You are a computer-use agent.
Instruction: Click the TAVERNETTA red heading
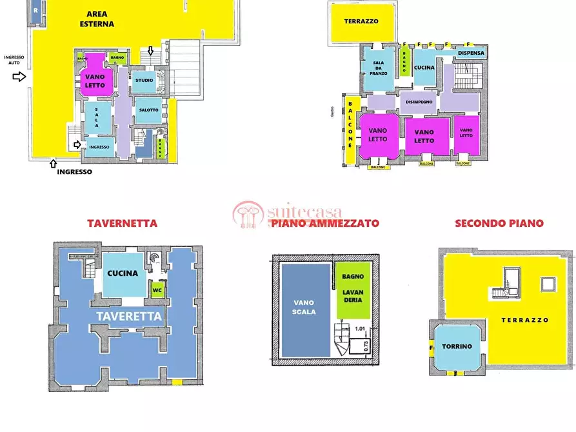tap(122, 224)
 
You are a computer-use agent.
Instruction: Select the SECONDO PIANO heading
tap(499, 224)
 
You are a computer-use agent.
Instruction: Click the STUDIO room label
tap(144, 81)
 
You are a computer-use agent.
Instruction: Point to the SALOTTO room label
tap(148, 110)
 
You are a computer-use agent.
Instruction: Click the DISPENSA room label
tap(471, 53)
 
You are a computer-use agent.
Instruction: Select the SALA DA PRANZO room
tap(379, 68)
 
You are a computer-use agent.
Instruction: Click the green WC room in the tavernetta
tap(156, 290)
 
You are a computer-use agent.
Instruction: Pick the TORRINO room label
tap(456, 346)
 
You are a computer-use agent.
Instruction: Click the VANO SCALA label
tap(304, 307)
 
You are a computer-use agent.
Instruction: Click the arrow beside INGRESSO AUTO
tap(20, 77)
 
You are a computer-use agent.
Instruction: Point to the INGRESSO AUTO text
tap(14, 61)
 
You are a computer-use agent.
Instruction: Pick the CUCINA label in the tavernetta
tap(123, 273)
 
